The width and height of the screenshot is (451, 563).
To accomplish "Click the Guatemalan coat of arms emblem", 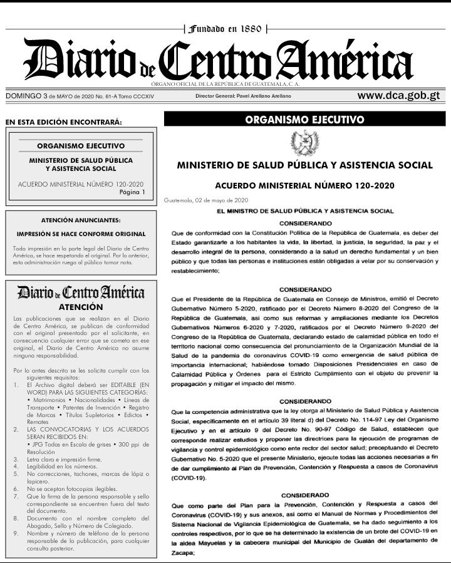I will [304, 144].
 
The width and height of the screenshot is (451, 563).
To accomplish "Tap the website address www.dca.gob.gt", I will [398, 96].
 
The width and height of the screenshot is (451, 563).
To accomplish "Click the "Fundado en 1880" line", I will [225, 29].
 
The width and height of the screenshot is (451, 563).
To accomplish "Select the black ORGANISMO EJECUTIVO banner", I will [304, 119].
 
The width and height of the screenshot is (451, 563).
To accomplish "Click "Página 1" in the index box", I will [132, 192].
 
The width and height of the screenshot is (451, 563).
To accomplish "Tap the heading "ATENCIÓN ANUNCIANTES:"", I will [80, 220].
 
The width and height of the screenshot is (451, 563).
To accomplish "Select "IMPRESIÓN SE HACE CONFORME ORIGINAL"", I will [80, 234].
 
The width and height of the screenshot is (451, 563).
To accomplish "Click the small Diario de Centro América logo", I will [80, 292].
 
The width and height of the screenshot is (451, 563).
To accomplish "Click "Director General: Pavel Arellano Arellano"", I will [243, 96].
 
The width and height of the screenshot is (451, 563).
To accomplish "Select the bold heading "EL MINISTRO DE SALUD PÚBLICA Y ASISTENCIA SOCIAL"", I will [305, 212].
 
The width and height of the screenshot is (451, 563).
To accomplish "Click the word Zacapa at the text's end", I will [183, 553].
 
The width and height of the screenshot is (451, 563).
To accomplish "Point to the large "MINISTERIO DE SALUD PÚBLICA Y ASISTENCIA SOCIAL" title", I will [304, 165].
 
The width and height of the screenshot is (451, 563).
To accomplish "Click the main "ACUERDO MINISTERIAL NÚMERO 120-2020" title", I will [304, 186].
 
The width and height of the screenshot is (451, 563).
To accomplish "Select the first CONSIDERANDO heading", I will [305, 223].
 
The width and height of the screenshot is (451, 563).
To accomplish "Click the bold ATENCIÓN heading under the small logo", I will [80, 307].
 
